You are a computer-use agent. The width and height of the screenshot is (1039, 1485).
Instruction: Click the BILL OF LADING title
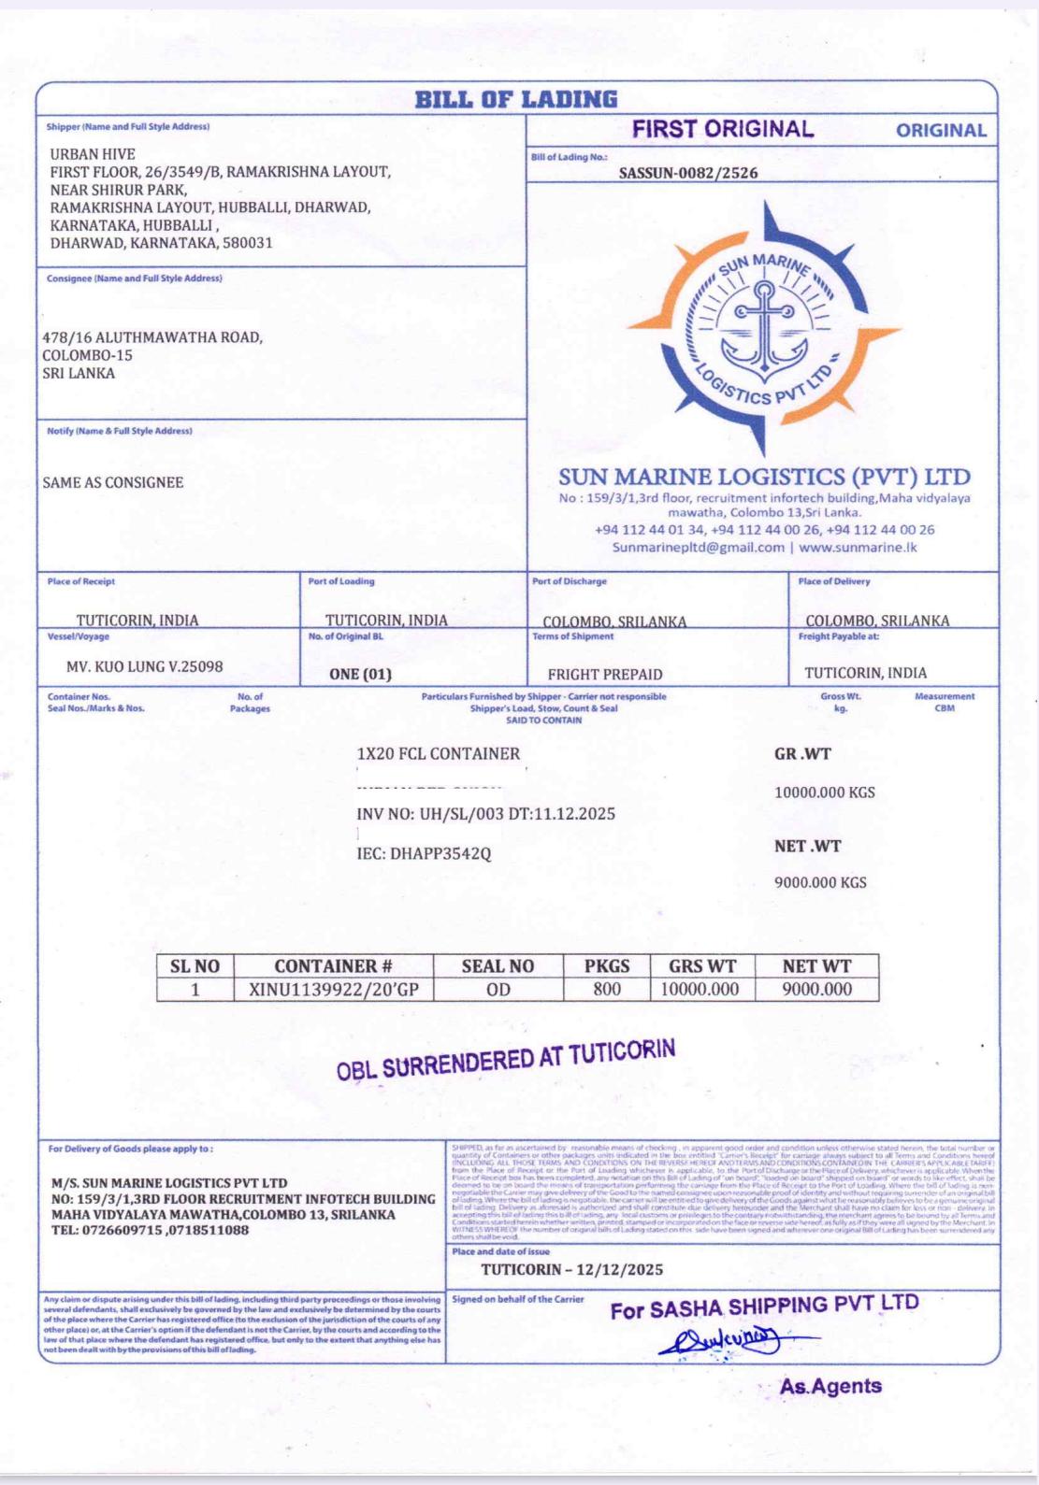516,99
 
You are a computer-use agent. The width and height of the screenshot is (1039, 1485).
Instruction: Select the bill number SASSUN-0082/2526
688,173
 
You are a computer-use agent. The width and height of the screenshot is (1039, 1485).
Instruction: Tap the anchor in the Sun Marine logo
765,328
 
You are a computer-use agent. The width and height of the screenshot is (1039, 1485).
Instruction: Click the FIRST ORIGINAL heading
723,130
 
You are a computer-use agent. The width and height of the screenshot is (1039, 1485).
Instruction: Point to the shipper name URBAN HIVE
93,154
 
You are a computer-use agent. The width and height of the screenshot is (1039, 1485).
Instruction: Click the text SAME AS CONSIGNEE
113,482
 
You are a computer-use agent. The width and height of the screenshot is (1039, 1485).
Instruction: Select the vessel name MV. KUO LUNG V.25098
145,667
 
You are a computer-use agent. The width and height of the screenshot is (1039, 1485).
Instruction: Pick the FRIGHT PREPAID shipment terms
605,674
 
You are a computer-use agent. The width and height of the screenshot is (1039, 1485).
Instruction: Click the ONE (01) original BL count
360,674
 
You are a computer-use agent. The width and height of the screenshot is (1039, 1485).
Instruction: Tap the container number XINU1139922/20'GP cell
333,989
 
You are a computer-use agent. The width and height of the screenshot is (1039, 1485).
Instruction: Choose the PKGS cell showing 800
607,989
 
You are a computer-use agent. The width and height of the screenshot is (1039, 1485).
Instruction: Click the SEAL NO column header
498,966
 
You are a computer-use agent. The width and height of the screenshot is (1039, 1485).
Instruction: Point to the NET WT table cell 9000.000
816,989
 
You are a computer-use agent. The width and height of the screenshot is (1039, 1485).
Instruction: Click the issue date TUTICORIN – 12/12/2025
571,1269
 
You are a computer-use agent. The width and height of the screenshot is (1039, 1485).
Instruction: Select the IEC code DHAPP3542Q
424,853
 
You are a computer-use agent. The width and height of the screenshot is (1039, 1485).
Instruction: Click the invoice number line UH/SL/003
485,814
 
